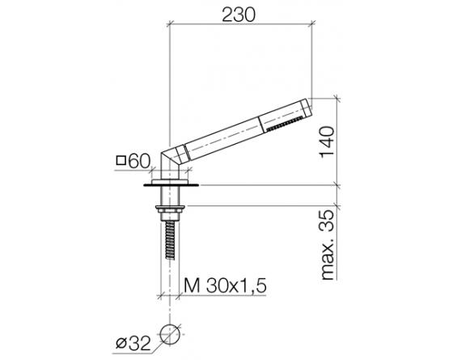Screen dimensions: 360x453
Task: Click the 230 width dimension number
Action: pyautogui.click(x=242, y=14)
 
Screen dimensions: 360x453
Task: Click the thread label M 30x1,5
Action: pyautogui.click(x=226, y=286)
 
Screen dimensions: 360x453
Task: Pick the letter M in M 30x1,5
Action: pyautogui.click(x=189, y=286)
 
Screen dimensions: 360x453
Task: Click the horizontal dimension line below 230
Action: pyautogui.click(x=241, y=28)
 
